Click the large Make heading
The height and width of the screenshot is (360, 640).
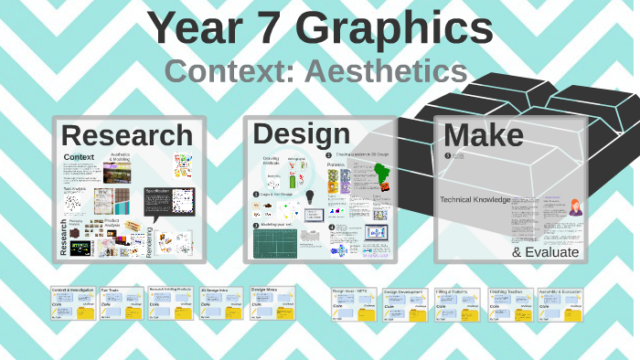tap(483, 135)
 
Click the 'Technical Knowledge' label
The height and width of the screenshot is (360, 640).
tap(475, 199)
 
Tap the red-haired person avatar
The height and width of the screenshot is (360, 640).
tap(576, 207)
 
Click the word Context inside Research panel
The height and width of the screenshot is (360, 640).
tap(80, 157)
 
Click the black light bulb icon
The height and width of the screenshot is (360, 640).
tap(310, 196)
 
